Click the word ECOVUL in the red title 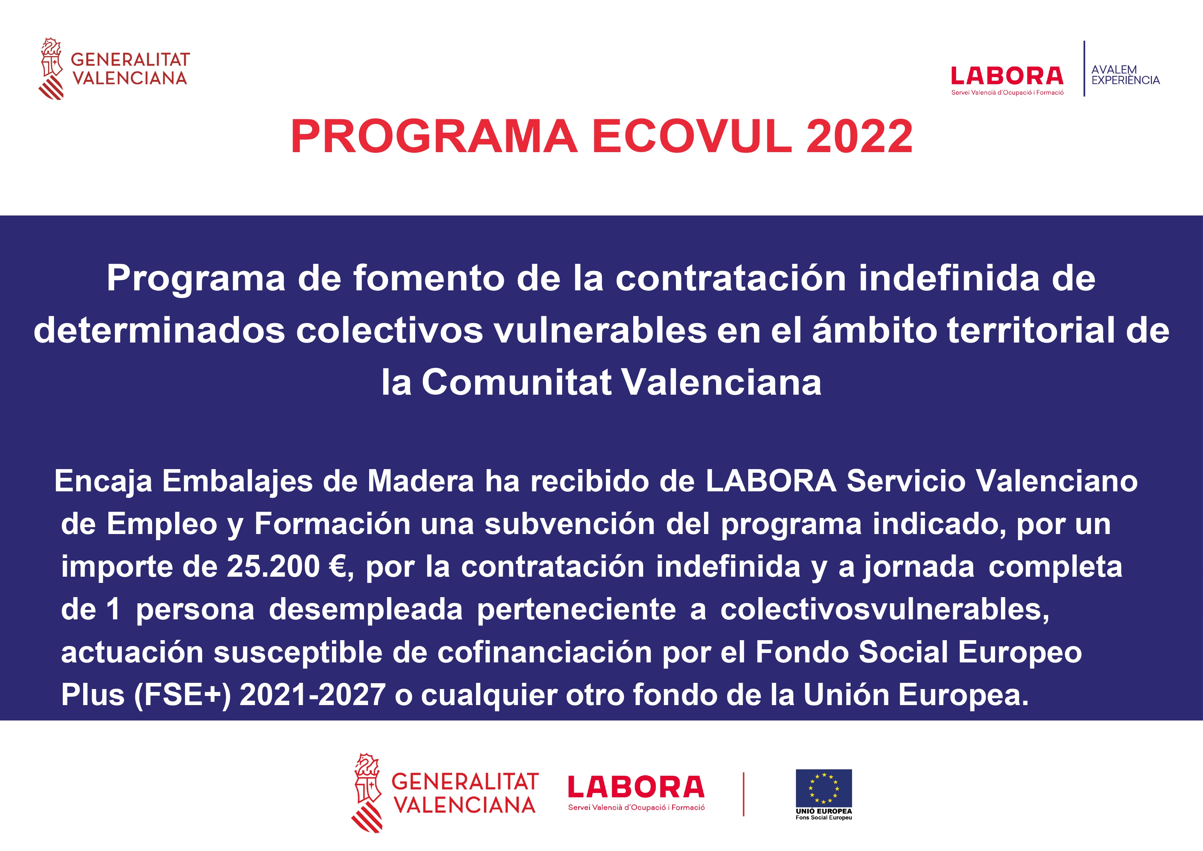(692, 136)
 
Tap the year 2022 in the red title (859, 136)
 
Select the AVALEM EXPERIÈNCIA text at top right (1125, 75)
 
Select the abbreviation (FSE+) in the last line (182, 695)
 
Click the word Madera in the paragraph (420, 481)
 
